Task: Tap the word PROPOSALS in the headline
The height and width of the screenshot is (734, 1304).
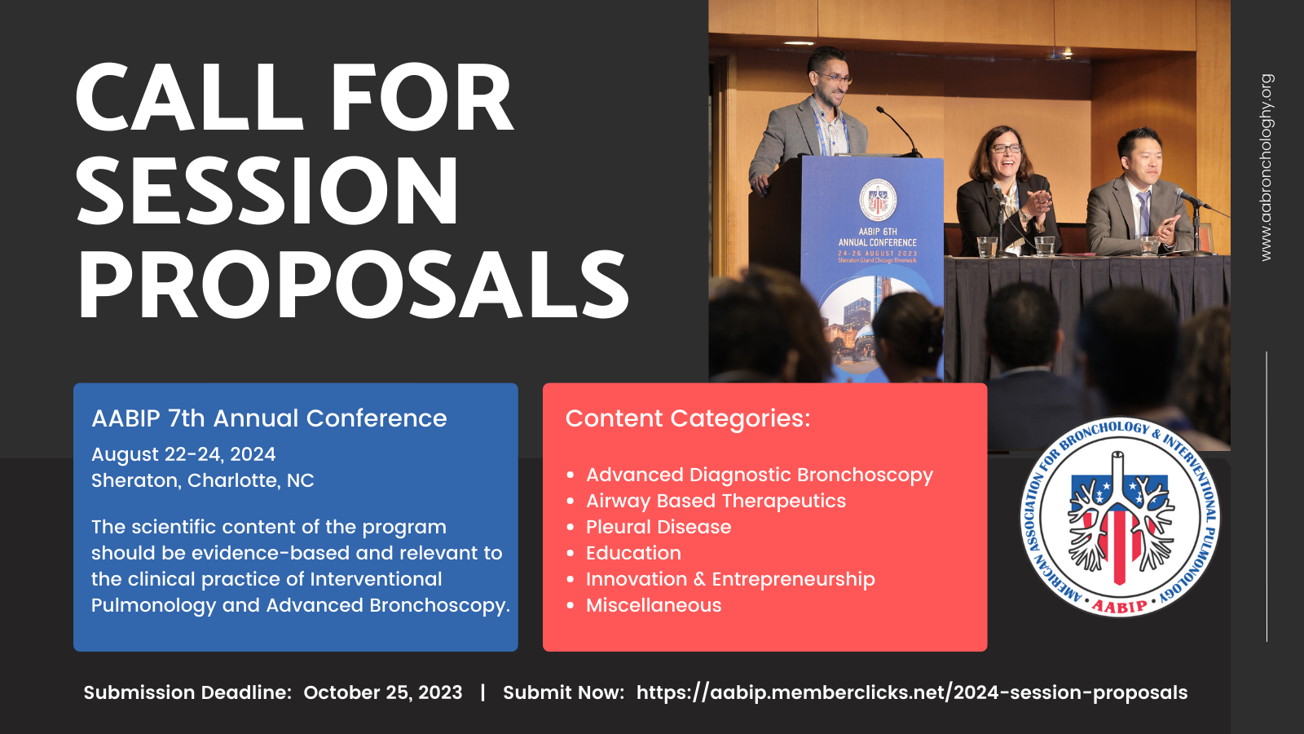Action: click(354, 285)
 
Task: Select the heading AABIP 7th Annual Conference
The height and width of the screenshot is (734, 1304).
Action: click(269, 418)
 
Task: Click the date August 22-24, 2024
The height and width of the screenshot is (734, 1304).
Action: click(183, 454)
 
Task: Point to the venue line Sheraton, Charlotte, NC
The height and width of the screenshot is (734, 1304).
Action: click(203, 480)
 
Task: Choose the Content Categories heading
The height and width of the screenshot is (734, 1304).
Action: click(688, 418)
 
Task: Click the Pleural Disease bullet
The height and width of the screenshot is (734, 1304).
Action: click(659, 527)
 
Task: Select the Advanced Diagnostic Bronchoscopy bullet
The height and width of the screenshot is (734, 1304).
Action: click(759, 475)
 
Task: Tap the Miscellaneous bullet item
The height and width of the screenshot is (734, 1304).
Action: click(654, 605)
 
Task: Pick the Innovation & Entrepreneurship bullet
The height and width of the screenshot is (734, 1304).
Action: click(730, 580)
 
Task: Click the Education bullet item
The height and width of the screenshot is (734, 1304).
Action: click(633, 553)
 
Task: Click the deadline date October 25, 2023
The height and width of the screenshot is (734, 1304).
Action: click(383, 692)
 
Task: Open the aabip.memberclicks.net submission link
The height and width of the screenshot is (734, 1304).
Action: click(912, 692)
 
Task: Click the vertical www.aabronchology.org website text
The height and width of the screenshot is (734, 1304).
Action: click(1267, 167)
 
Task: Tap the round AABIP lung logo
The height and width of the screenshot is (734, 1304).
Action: click(1120, 517)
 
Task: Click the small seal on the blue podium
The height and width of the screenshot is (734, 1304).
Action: click(878, 200)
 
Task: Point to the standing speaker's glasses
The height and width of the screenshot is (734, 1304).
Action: click(837, 77)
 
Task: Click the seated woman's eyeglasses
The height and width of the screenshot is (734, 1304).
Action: click(1007, 149)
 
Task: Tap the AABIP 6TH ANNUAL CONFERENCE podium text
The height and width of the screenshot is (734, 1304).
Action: click(877, 237)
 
